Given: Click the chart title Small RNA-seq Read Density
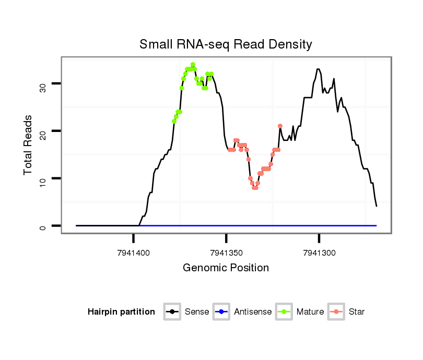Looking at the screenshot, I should [x=226, y=44].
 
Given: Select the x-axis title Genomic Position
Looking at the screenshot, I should [x=226, y=268].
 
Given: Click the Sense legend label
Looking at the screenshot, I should [x=197, y=312].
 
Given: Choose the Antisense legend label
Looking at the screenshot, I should [x=253, y=312].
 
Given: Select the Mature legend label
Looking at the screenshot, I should [x=310, y=312].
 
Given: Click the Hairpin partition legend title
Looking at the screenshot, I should [x=121, y=312].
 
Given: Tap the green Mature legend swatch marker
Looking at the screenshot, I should [x=284, y=312].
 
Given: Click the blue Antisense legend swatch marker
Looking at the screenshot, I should [x=222, y=312].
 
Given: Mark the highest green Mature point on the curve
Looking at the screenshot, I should [x=193, y=65].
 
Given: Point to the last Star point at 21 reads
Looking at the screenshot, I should [x=280, y=126].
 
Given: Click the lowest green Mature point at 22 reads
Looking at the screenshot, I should [x=174, y=121].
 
